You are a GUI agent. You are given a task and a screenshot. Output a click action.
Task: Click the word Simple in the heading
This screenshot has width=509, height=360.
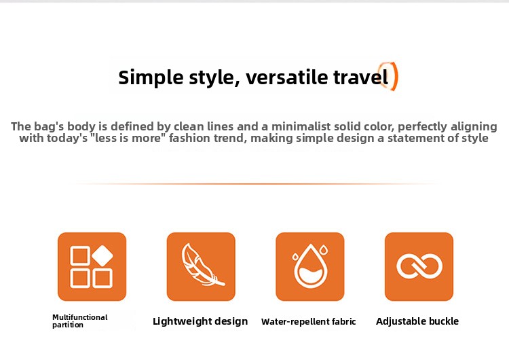[151, 78]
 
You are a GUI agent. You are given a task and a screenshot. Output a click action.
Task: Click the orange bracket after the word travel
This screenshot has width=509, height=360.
[394, 76]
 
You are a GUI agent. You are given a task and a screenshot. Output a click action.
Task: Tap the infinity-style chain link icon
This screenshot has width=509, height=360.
[419, 266]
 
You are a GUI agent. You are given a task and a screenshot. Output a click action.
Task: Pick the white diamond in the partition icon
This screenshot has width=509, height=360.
[102, 255]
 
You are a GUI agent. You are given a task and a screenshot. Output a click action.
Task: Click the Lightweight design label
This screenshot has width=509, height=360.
[200, 321]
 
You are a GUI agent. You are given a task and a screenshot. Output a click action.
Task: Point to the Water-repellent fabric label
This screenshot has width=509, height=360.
[308, 322]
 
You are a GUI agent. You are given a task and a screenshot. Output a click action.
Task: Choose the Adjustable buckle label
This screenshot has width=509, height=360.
[417, 321]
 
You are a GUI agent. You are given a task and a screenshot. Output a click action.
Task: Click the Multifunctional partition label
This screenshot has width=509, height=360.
[80, 321]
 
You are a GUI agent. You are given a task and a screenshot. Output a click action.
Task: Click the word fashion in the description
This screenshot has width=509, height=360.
[188, 138]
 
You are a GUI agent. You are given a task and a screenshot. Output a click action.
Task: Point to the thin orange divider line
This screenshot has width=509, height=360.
[254, 184]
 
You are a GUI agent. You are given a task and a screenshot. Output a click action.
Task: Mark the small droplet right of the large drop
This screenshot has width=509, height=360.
[323, 250]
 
